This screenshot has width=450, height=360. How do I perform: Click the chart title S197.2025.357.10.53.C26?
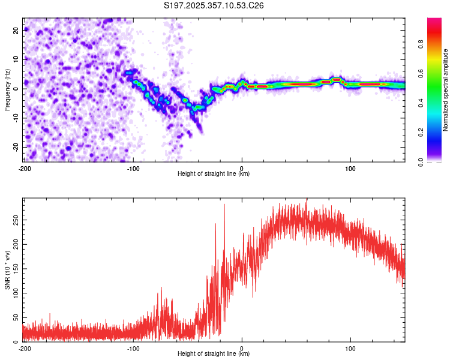(x=214, y=6)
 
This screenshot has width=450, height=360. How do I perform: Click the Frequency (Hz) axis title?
(x=7, y=90)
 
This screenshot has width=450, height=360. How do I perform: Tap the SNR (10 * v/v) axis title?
(x=7, y=269)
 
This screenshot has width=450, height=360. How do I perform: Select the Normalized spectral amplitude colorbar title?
(x=446, y=90)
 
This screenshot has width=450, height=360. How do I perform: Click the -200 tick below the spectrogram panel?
(x=25, y=169)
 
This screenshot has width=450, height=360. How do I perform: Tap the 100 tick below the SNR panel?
(x=350, y=348)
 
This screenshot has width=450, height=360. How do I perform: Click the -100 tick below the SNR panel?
(x=133, y=348)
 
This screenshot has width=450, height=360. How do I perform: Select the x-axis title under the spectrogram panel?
(x=214, y=174)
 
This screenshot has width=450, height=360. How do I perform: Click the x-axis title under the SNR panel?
(x=214, y=354)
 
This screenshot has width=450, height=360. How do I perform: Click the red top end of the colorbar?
(x=434, y=20)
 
